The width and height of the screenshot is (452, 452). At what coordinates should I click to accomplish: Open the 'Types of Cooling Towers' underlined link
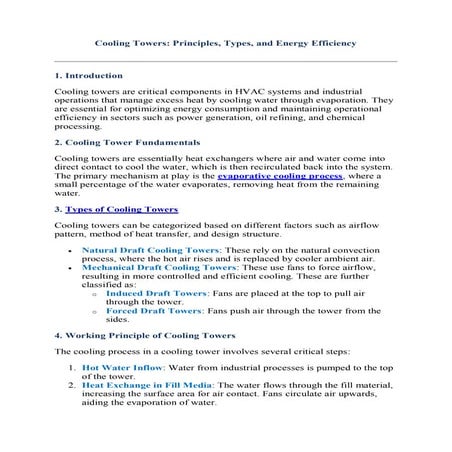121,211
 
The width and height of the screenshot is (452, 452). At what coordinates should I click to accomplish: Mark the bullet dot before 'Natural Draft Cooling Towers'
67,249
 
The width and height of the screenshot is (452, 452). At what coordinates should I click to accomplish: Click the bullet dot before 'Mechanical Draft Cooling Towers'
67,270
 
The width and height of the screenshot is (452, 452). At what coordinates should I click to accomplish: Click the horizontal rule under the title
225,60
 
